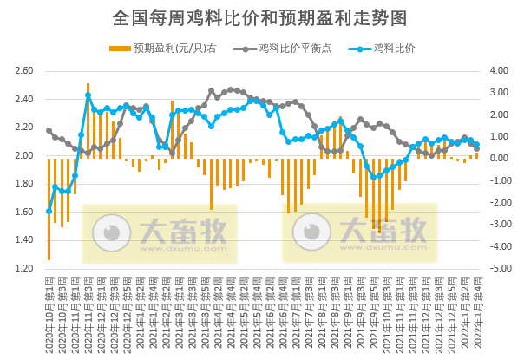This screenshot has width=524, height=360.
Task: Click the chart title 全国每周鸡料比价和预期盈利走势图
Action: (260, 16)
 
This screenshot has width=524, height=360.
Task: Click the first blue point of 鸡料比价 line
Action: (49, 211)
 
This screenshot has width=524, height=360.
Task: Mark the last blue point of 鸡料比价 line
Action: (476, 145)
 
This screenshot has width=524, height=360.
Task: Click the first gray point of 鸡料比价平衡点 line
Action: (49, 131)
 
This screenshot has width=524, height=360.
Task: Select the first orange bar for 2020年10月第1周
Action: (49, 209)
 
